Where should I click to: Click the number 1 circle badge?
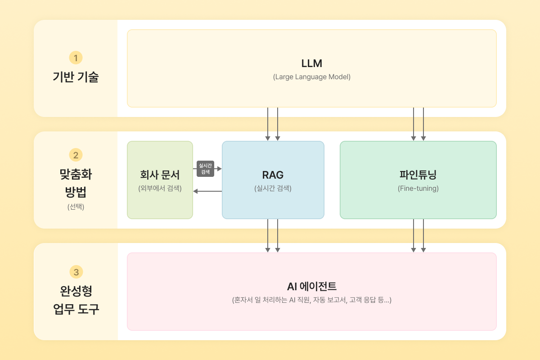76,58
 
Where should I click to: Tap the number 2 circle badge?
76,155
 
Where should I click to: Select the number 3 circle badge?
76,272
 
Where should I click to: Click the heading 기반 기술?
76,77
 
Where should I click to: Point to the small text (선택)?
76,207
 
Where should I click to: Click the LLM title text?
311,63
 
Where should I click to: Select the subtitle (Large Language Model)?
311,77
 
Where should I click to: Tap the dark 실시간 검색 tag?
205,169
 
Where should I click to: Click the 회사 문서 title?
160,175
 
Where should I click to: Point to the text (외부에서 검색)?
160,189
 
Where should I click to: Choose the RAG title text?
273,175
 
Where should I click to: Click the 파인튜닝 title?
418,175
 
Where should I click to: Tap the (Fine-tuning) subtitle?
418,189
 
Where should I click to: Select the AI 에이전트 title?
311,286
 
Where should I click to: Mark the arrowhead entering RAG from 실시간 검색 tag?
220,169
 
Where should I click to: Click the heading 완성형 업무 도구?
76,300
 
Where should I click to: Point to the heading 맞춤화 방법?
76,183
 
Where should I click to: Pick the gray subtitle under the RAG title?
273,189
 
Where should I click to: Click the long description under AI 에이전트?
311,300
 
